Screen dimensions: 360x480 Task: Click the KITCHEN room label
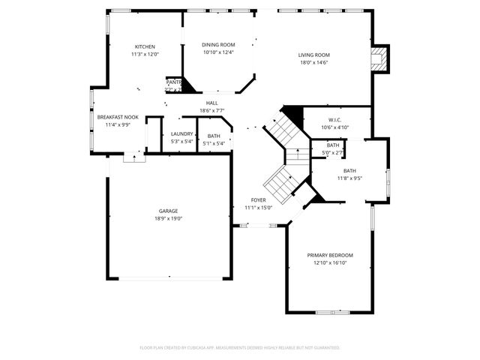tap(145, 46)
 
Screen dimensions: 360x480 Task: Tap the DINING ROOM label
tap(218, 45)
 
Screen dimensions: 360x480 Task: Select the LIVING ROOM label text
tap(314, 55)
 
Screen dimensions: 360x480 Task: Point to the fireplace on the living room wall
tap(381, 58)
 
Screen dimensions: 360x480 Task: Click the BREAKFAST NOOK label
tap(118, 117)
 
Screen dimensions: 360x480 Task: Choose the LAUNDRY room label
tap(182, 133)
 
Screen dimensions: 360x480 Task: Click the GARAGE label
tap(168, 211)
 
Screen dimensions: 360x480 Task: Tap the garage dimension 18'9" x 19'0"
tap(168, 218)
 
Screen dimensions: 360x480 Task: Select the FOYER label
tap(259, 199)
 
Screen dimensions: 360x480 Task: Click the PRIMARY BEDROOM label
tap(330, 255)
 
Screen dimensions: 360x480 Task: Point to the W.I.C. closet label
tap(335, 120)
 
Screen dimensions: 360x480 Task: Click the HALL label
tap(212, 103)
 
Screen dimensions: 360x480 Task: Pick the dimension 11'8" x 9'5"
tap(349, 178)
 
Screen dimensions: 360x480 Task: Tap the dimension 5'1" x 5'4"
tap(214, 143)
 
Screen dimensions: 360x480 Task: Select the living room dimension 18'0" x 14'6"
tap(314, 62)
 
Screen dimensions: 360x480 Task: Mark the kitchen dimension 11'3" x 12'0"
tap(145, 54)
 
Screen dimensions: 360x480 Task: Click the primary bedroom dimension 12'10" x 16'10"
tap(330, 263)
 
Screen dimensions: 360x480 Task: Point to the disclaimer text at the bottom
tap(240, 347)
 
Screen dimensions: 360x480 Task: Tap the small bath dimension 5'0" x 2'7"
tap(332, 153)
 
